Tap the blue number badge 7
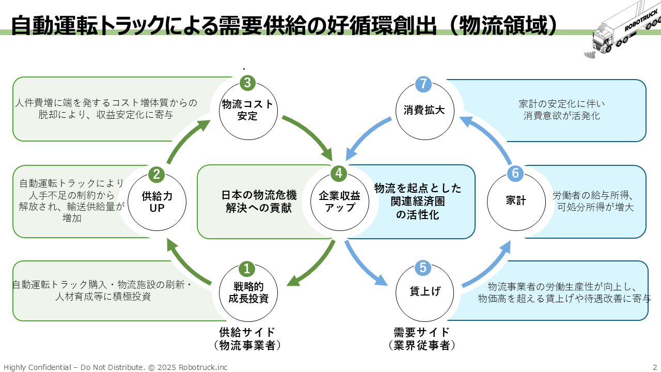point(423,84)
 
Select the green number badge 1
point(247,269)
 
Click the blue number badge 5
point(422,268)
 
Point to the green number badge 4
point(339,174)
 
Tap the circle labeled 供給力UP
point(157,202)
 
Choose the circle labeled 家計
point(516,202)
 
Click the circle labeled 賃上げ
point(424,292)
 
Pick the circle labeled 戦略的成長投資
point(248,293)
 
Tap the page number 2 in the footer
point(655,367)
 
